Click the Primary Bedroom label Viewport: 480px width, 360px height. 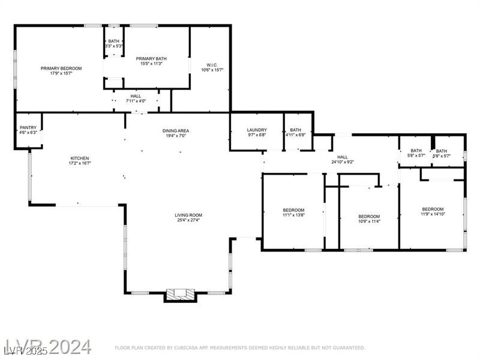pos(61,68)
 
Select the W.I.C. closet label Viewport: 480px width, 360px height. pos(212,65)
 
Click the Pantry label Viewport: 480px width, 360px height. pos(28,127)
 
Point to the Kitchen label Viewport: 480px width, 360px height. pos(79,158)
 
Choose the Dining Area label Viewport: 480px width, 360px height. pos(176,131)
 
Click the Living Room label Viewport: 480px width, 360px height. pos(188,215)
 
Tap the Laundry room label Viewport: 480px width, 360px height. pos(256,130)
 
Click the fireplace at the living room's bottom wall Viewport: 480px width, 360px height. pos(181,294)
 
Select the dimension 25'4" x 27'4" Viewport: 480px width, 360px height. pos(188,220)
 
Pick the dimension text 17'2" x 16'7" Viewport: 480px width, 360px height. pos(79,163)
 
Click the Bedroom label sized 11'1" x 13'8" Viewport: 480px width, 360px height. pos(293,209)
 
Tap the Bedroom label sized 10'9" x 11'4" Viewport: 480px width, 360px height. pos(369,216)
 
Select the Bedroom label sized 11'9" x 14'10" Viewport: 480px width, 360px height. pos(432,209)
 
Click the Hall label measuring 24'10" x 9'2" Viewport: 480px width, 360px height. pos(343,157)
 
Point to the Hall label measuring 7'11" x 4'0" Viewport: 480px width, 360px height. pos(136,95)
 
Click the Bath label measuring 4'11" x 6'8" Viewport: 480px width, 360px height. pos(296,130)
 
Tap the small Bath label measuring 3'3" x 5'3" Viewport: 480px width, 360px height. pos(113,41)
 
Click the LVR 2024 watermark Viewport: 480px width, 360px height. pos(48,346)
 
